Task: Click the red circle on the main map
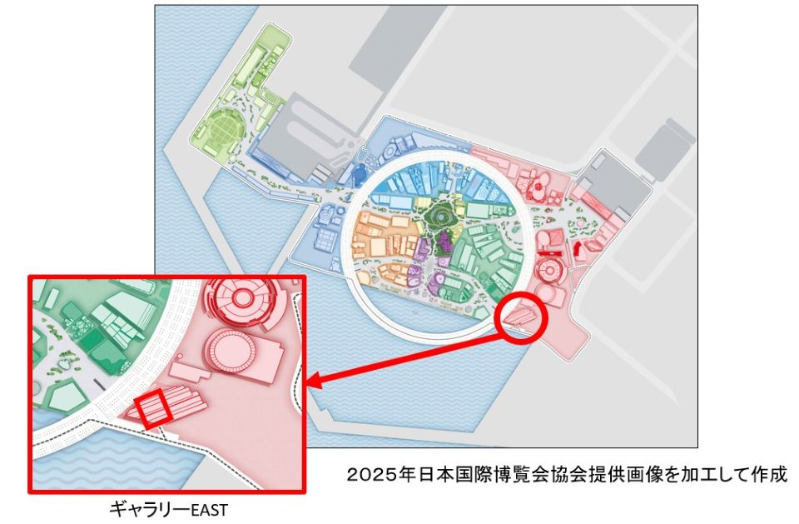(521, 317)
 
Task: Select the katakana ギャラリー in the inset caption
(145, 507)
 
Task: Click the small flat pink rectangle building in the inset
(183, 370)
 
